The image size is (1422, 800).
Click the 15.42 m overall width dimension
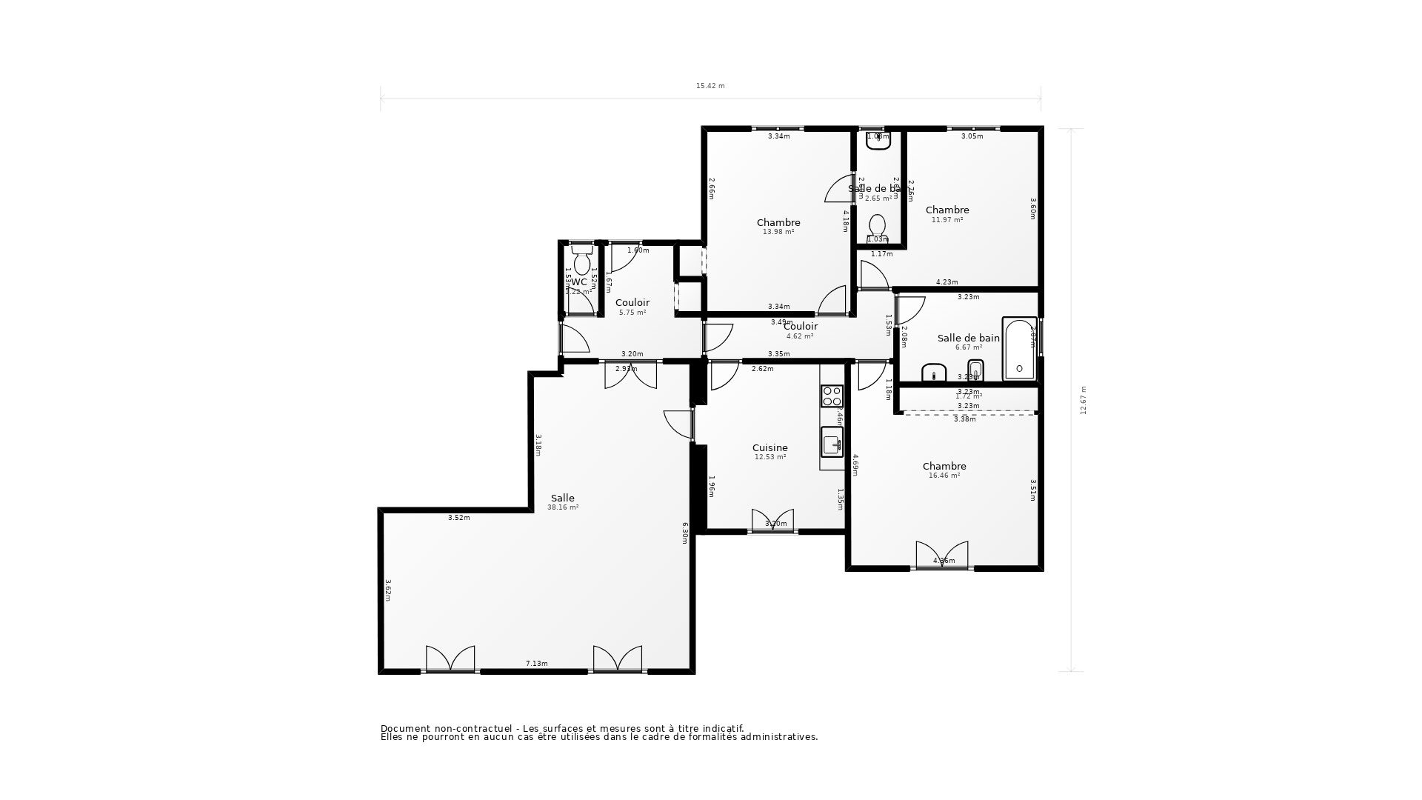pyautogui.click(x=710, y=86)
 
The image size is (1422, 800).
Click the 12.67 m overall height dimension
pyautogui.click(x=1084, y=400)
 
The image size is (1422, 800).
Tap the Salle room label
pyautogui.click(x=562, y=498)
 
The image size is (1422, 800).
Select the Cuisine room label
pyautogui.click(x=770, y=447)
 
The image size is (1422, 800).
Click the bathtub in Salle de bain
pyautogui.click(x=1019, y=349)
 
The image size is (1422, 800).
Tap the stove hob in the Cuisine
pyautogui.click(x=832, y=396)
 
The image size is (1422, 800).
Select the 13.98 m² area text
pyautogui.click(x=778, y=232)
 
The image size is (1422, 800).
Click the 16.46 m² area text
pyautogui.click(x=944, y=476)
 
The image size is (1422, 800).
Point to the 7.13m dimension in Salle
pyautogui.click(x=536, y=664)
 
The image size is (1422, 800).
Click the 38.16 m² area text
pyautogui.click(x=562, y=507)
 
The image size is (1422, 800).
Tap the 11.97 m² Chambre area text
pyautogui.click(x=947, y=220)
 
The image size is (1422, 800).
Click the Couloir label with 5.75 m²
pyautogui.click(x=632, y=302)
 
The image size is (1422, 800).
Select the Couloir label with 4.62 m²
pyautogui.click(x=800, y=326)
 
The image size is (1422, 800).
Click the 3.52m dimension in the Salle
pyautogui.click(x=458, y=518)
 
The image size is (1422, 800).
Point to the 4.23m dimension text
pyautogui.click(x=947, y=282)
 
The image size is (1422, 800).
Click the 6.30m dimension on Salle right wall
pyautogui.click(x=686, y=533)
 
